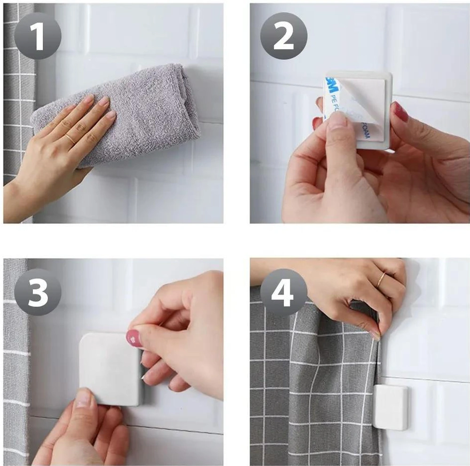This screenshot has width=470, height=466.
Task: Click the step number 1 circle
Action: tap(38, 36)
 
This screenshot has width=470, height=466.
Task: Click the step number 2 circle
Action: tap(284, 36)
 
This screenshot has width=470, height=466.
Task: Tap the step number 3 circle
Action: tap(38, 292)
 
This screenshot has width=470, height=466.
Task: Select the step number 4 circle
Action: tap(284, 292)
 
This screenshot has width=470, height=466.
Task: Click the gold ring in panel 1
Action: tap(70, 138)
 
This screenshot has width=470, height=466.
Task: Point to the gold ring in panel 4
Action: tap(381, 280)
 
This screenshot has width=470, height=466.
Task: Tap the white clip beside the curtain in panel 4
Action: tap(391, 407)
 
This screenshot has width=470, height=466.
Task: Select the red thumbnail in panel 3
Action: tap(133, 337)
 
